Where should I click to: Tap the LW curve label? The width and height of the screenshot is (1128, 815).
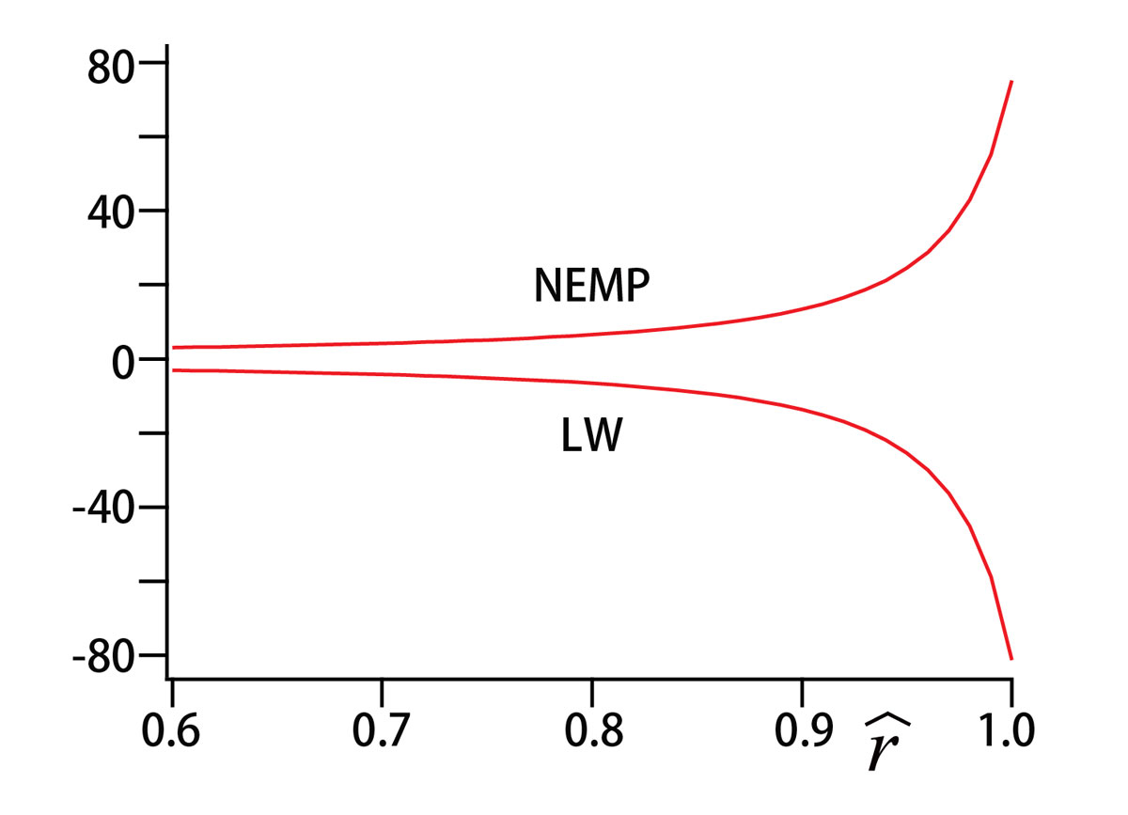click(591, 437)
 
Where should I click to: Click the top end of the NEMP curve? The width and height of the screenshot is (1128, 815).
click(1011, 82)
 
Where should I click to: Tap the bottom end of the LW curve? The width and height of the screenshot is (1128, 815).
click(1011, 658)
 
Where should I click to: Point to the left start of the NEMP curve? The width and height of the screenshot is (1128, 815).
click(173, 348)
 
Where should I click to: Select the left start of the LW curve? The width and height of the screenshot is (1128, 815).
click(173, 370)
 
